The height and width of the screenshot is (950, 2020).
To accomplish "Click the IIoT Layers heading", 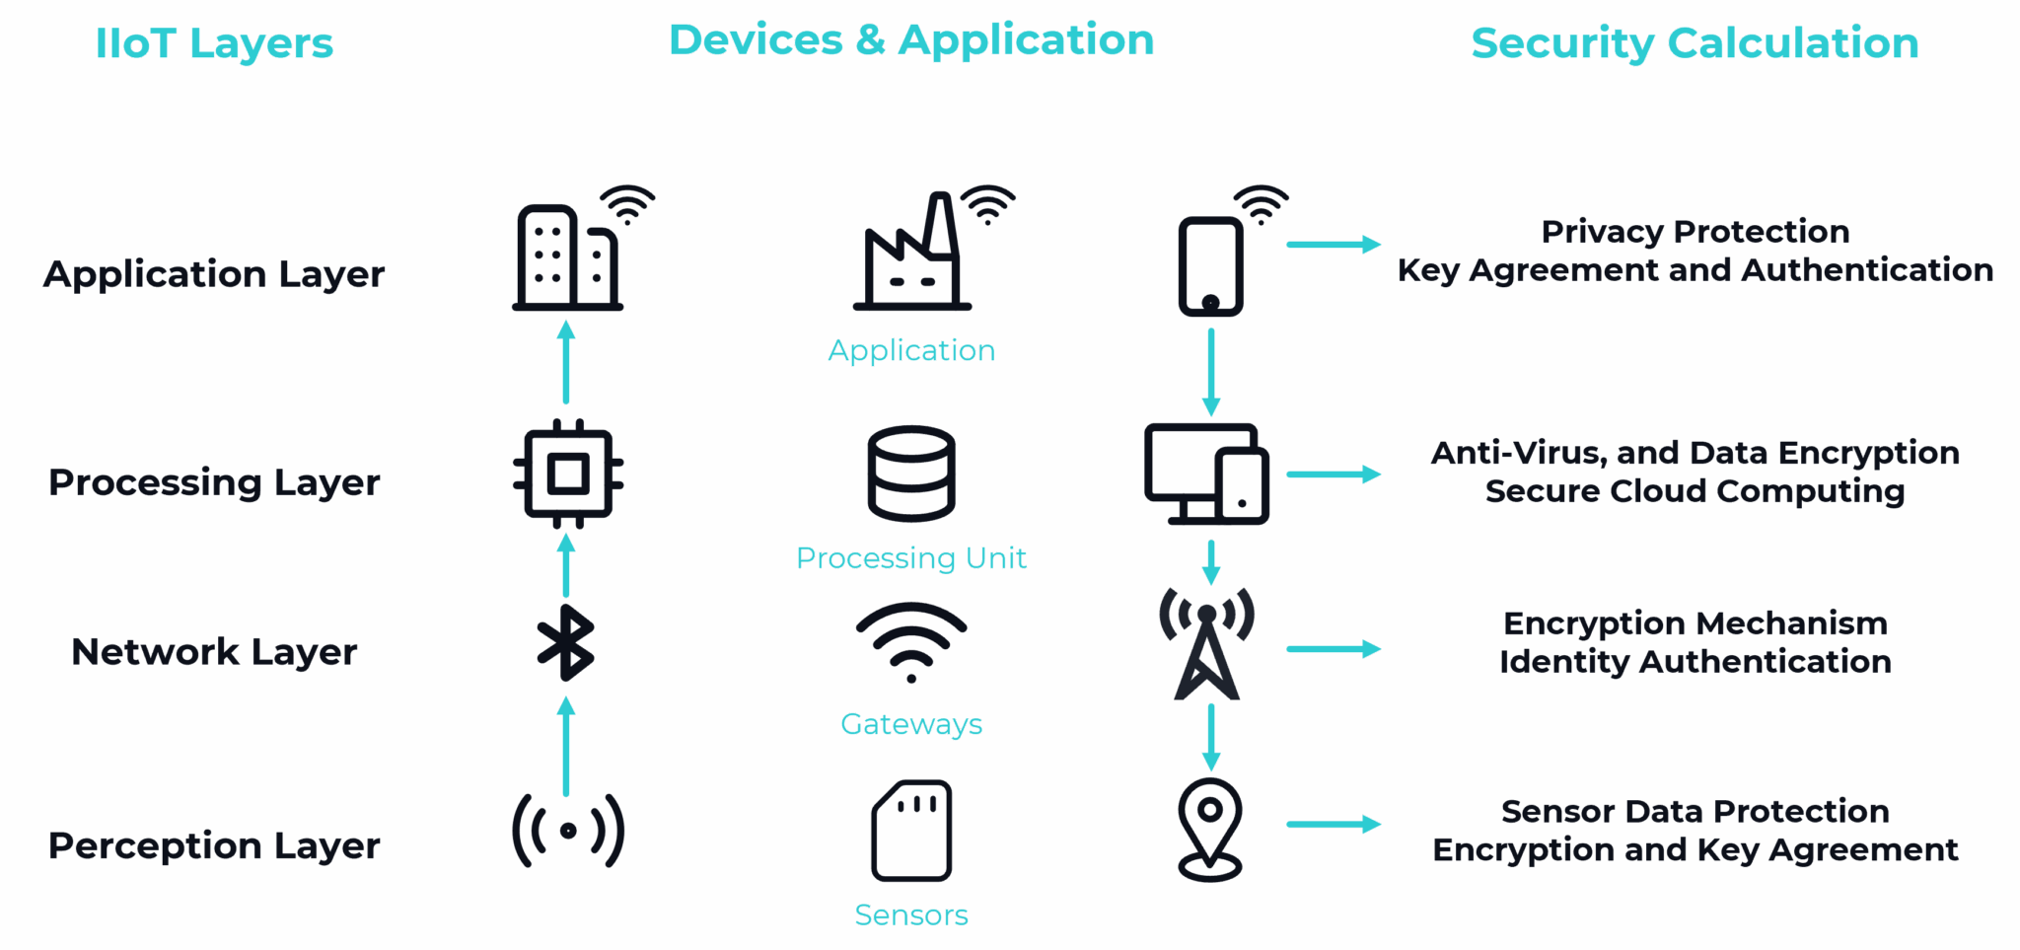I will (214, 43).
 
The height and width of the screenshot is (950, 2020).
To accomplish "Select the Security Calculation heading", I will (1695, 43).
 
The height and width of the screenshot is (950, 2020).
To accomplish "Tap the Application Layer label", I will (214, 273).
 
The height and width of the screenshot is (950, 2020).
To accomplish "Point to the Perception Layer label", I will (214, 845).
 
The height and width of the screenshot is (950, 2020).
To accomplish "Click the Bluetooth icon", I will (566, 643).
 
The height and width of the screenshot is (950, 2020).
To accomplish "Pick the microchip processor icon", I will (567, 475).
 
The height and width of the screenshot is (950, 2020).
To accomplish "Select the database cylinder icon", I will (911, 474).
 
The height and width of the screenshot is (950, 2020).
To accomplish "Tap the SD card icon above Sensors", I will (911, 830).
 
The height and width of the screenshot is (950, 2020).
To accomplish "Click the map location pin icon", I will (1210, 829).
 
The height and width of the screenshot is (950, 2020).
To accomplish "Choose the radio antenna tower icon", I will (1207, 643).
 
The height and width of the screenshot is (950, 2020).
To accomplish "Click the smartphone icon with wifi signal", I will (1211, 264).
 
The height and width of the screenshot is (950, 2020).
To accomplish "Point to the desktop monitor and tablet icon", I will (1206, 475).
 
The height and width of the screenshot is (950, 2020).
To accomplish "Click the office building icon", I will (567, 258).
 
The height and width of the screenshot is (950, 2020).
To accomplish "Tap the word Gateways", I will (911, 724).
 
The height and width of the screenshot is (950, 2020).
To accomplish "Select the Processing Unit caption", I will (911, 557).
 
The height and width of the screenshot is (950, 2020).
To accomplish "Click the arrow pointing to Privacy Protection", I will (1334, 245).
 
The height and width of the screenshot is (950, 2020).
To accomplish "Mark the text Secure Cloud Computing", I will (1695, 491).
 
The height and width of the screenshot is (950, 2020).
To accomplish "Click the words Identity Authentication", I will (1695, 661).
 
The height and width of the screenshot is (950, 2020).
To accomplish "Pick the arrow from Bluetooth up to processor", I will (566, 565).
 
